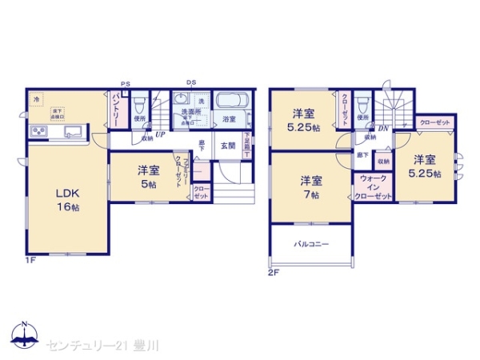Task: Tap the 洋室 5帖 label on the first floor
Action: click(x=148, y=177)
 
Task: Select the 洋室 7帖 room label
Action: click(x=311, y=186)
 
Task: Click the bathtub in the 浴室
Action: click(x=233, y=102)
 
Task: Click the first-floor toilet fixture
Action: click(x=140, y=105)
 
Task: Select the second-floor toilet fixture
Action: click(x=362, y=103)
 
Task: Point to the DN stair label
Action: click(x=384, y=128)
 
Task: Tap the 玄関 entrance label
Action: click(x=228, y=146)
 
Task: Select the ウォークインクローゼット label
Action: click(x=374, y=187)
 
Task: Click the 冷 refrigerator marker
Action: click(x=36, y=99)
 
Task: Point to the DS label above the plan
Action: click(x=191, y=82)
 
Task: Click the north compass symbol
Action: click(x=24, y=334)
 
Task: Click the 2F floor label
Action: click(x=274, y=272)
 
